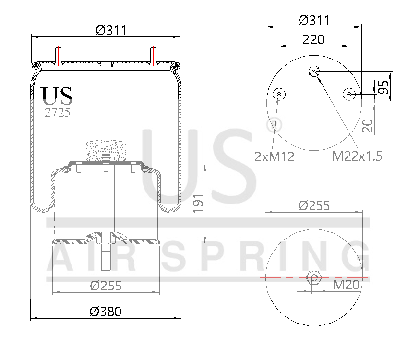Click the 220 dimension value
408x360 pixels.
click(313, 39)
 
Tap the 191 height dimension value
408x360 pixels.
click(199, 204)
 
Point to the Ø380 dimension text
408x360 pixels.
click(106, 311)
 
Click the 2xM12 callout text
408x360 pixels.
click(274, 156)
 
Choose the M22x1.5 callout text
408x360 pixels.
click(358, 156)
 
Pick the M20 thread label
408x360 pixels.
click(346, 285)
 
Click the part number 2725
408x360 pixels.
click(57, 113)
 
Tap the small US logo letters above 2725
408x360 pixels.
click(57, 96)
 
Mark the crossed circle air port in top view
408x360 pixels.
click(314, 71)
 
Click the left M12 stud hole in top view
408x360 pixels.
click(279, 95)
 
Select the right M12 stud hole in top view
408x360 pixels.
click(350, 95)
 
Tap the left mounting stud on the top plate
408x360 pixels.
click(59, 55)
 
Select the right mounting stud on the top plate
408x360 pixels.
click(154, 55)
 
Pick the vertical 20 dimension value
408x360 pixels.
click(368, 126)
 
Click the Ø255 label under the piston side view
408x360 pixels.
click(106, 286)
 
